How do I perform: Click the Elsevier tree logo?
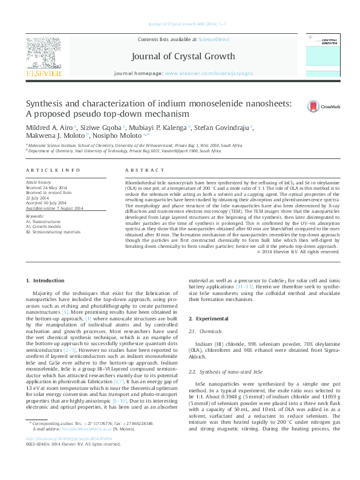pos(43,52)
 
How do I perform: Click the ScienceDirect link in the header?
pos(214,39)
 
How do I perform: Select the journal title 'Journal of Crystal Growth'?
pos(180,56)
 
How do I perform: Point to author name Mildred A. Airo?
pos(50,128)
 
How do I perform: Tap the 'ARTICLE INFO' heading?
pos(53,171)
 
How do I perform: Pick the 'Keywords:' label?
pos(35,216)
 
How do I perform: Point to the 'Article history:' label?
pos(39,182)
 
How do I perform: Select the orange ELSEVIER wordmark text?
pos(43,74)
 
